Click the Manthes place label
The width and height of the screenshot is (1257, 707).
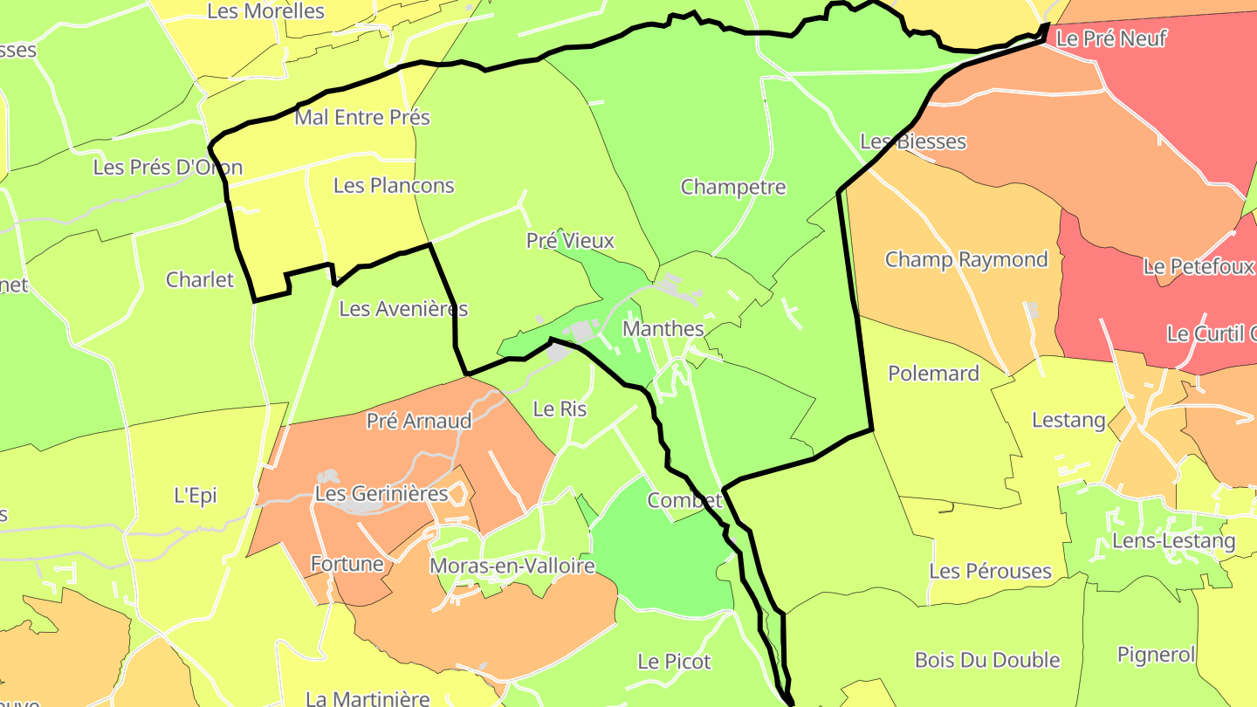[x=663, y=329]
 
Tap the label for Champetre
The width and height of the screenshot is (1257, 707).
[x=733, y=188]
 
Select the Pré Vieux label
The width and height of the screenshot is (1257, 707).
[x=570, y=241]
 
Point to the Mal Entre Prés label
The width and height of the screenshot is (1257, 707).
[x=362, y=117]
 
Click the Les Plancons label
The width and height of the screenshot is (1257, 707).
[x=394, y=186]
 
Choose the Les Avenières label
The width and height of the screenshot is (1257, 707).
[x=403, y=309]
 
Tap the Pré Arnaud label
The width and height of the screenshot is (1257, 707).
[x=419, y=421]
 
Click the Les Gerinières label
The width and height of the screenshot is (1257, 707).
[x=381, y=494]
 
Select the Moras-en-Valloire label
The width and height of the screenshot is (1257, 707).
[x=512, y=566]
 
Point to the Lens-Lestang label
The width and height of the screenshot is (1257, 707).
[x=1174, y=541]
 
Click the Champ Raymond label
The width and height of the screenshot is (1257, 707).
[x=966, y=260]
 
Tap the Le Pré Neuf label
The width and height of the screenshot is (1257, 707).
[x=1111, y=38]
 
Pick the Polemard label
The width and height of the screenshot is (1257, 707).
[x=933, y=374]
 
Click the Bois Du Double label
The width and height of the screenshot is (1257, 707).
[x=987, y=660]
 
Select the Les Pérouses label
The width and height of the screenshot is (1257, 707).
[x=990, y=572]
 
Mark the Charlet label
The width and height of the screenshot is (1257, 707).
[x=200, y=280]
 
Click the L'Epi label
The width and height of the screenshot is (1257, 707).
[x=196, y=496]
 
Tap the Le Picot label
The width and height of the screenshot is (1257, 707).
[x=674, y=662]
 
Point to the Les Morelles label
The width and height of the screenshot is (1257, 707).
[x=265, y=11]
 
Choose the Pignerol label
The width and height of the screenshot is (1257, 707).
[x=1156, y=655]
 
